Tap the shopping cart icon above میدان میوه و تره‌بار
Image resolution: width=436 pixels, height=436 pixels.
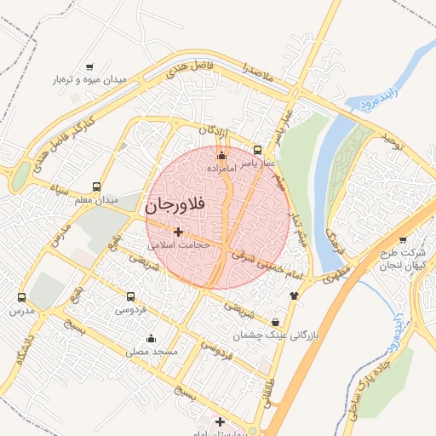(90, 67)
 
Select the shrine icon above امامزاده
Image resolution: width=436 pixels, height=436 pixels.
(222, 156)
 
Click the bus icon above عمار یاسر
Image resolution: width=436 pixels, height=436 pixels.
(258, 149)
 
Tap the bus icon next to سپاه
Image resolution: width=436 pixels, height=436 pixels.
(96, 186)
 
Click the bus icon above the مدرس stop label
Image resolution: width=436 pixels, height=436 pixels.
(22, 298)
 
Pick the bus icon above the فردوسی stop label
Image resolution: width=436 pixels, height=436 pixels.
(130, 296)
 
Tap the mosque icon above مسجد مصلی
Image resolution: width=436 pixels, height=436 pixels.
(152, 338)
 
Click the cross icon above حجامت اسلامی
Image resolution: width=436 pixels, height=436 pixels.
(178, 232)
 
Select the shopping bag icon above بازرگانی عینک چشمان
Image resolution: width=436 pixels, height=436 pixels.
(276, 322)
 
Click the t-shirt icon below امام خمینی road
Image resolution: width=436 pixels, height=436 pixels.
(295, 295)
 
